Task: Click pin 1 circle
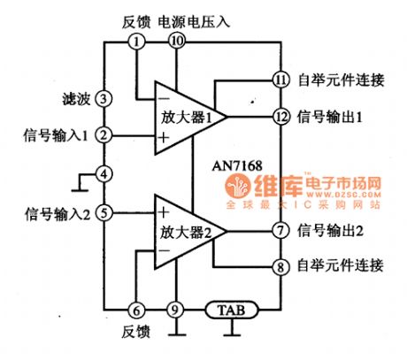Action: coord(135,41)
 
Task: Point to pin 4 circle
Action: coord(104,174)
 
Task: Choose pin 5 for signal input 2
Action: coord(104,212)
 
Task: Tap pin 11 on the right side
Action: coord(280,80)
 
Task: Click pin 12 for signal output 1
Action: coord(280,116)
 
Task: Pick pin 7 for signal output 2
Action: coord(280,231)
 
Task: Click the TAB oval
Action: coord(232,310)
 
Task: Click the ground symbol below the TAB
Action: coord(232,333)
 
